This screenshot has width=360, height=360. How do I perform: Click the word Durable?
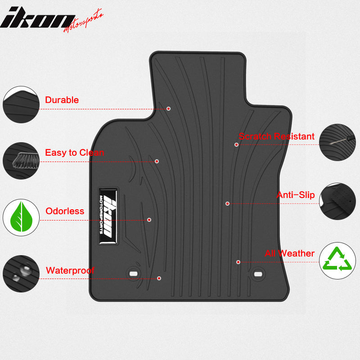click(62, 100)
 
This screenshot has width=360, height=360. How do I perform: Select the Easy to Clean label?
click(74, 153)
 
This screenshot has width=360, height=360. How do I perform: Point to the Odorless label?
click(65, 211)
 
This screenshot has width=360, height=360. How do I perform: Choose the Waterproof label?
click(70, 270)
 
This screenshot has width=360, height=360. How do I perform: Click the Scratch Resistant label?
click(276, 136)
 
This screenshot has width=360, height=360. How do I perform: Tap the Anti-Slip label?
click(295, 195)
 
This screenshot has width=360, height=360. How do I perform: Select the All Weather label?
click(289, 253)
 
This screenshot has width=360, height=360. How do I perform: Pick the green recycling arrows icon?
click(338, 260)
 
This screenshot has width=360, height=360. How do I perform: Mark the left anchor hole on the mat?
click(133, 273)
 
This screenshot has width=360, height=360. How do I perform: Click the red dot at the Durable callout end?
click(168, 108)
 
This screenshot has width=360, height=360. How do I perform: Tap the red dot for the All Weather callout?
click(238, 262)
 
